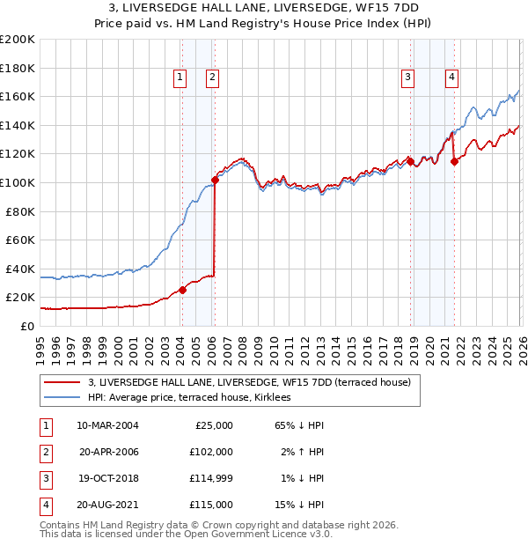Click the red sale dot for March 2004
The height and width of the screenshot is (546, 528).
(x=182, y=290)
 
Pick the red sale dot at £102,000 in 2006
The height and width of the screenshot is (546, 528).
(x=215, y=180)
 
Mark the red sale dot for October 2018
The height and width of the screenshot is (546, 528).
(x=410, y=161)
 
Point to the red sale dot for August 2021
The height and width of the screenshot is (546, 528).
(x=455, y=161)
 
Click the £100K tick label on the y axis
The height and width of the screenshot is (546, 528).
(x=18, y=182)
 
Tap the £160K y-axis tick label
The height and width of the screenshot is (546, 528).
(x=18, y=96)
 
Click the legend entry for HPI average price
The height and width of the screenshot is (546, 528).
(x=195, y=397)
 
